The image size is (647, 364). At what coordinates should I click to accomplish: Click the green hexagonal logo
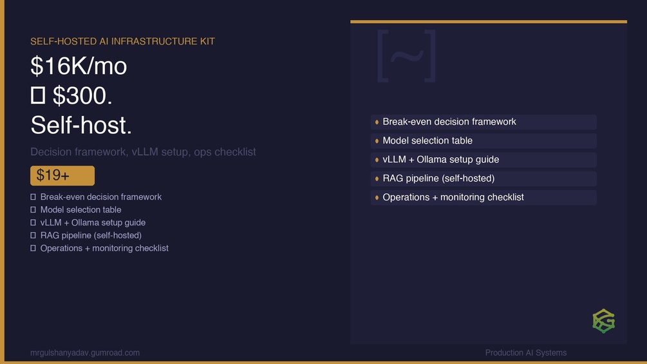(604, 321)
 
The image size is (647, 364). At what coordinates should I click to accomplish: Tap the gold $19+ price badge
(62, 176)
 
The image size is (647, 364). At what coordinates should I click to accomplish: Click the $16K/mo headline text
(79, 66)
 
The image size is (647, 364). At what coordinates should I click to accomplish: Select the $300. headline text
(82, 96)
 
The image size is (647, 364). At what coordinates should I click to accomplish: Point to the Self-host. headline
(81, 125)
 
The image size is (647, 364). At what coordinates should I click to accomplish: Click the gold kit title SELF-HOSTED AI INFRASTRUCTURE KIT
(122, 41)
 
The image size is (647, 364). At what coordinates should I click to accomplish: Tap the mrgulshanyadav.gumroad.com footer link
(85, 353)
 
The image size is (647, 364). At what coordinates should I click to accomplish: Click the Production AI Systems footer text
(526, 353)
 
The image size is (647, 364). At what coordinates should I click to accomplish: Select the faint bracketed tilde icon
(406, 55)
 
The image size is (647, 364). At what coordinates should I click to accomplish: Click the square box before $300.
(38, 95)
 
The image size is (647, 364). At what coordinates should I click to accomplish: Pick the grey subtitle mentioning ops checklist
(143, 152)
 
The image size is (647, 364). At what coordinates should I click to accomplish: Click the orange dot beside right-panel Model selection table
(377, 141)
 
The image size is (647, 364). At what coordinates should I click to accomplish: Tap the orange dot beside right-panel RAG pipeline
(377, 178)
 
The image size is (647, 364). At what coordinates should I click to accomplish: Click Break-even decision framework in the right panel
(449, 122)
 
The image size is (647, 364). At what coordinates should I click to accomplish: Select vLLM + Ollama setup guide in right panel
(441, 160)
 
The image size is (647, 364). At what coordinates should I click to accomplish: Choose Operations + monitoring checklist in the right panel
(453, 197)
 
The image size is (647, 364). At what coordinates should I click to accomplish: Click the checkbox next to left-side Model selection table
(33, 209)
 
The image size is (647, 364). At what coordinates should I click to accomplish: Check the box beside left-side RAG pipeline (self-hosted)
(33, 235)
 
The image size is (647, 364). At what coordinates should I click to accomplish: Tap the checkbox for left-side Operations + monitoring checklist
(33, 248)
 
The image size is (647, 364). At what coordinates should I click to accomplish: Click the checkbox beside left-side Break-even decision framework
(33, 197)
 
